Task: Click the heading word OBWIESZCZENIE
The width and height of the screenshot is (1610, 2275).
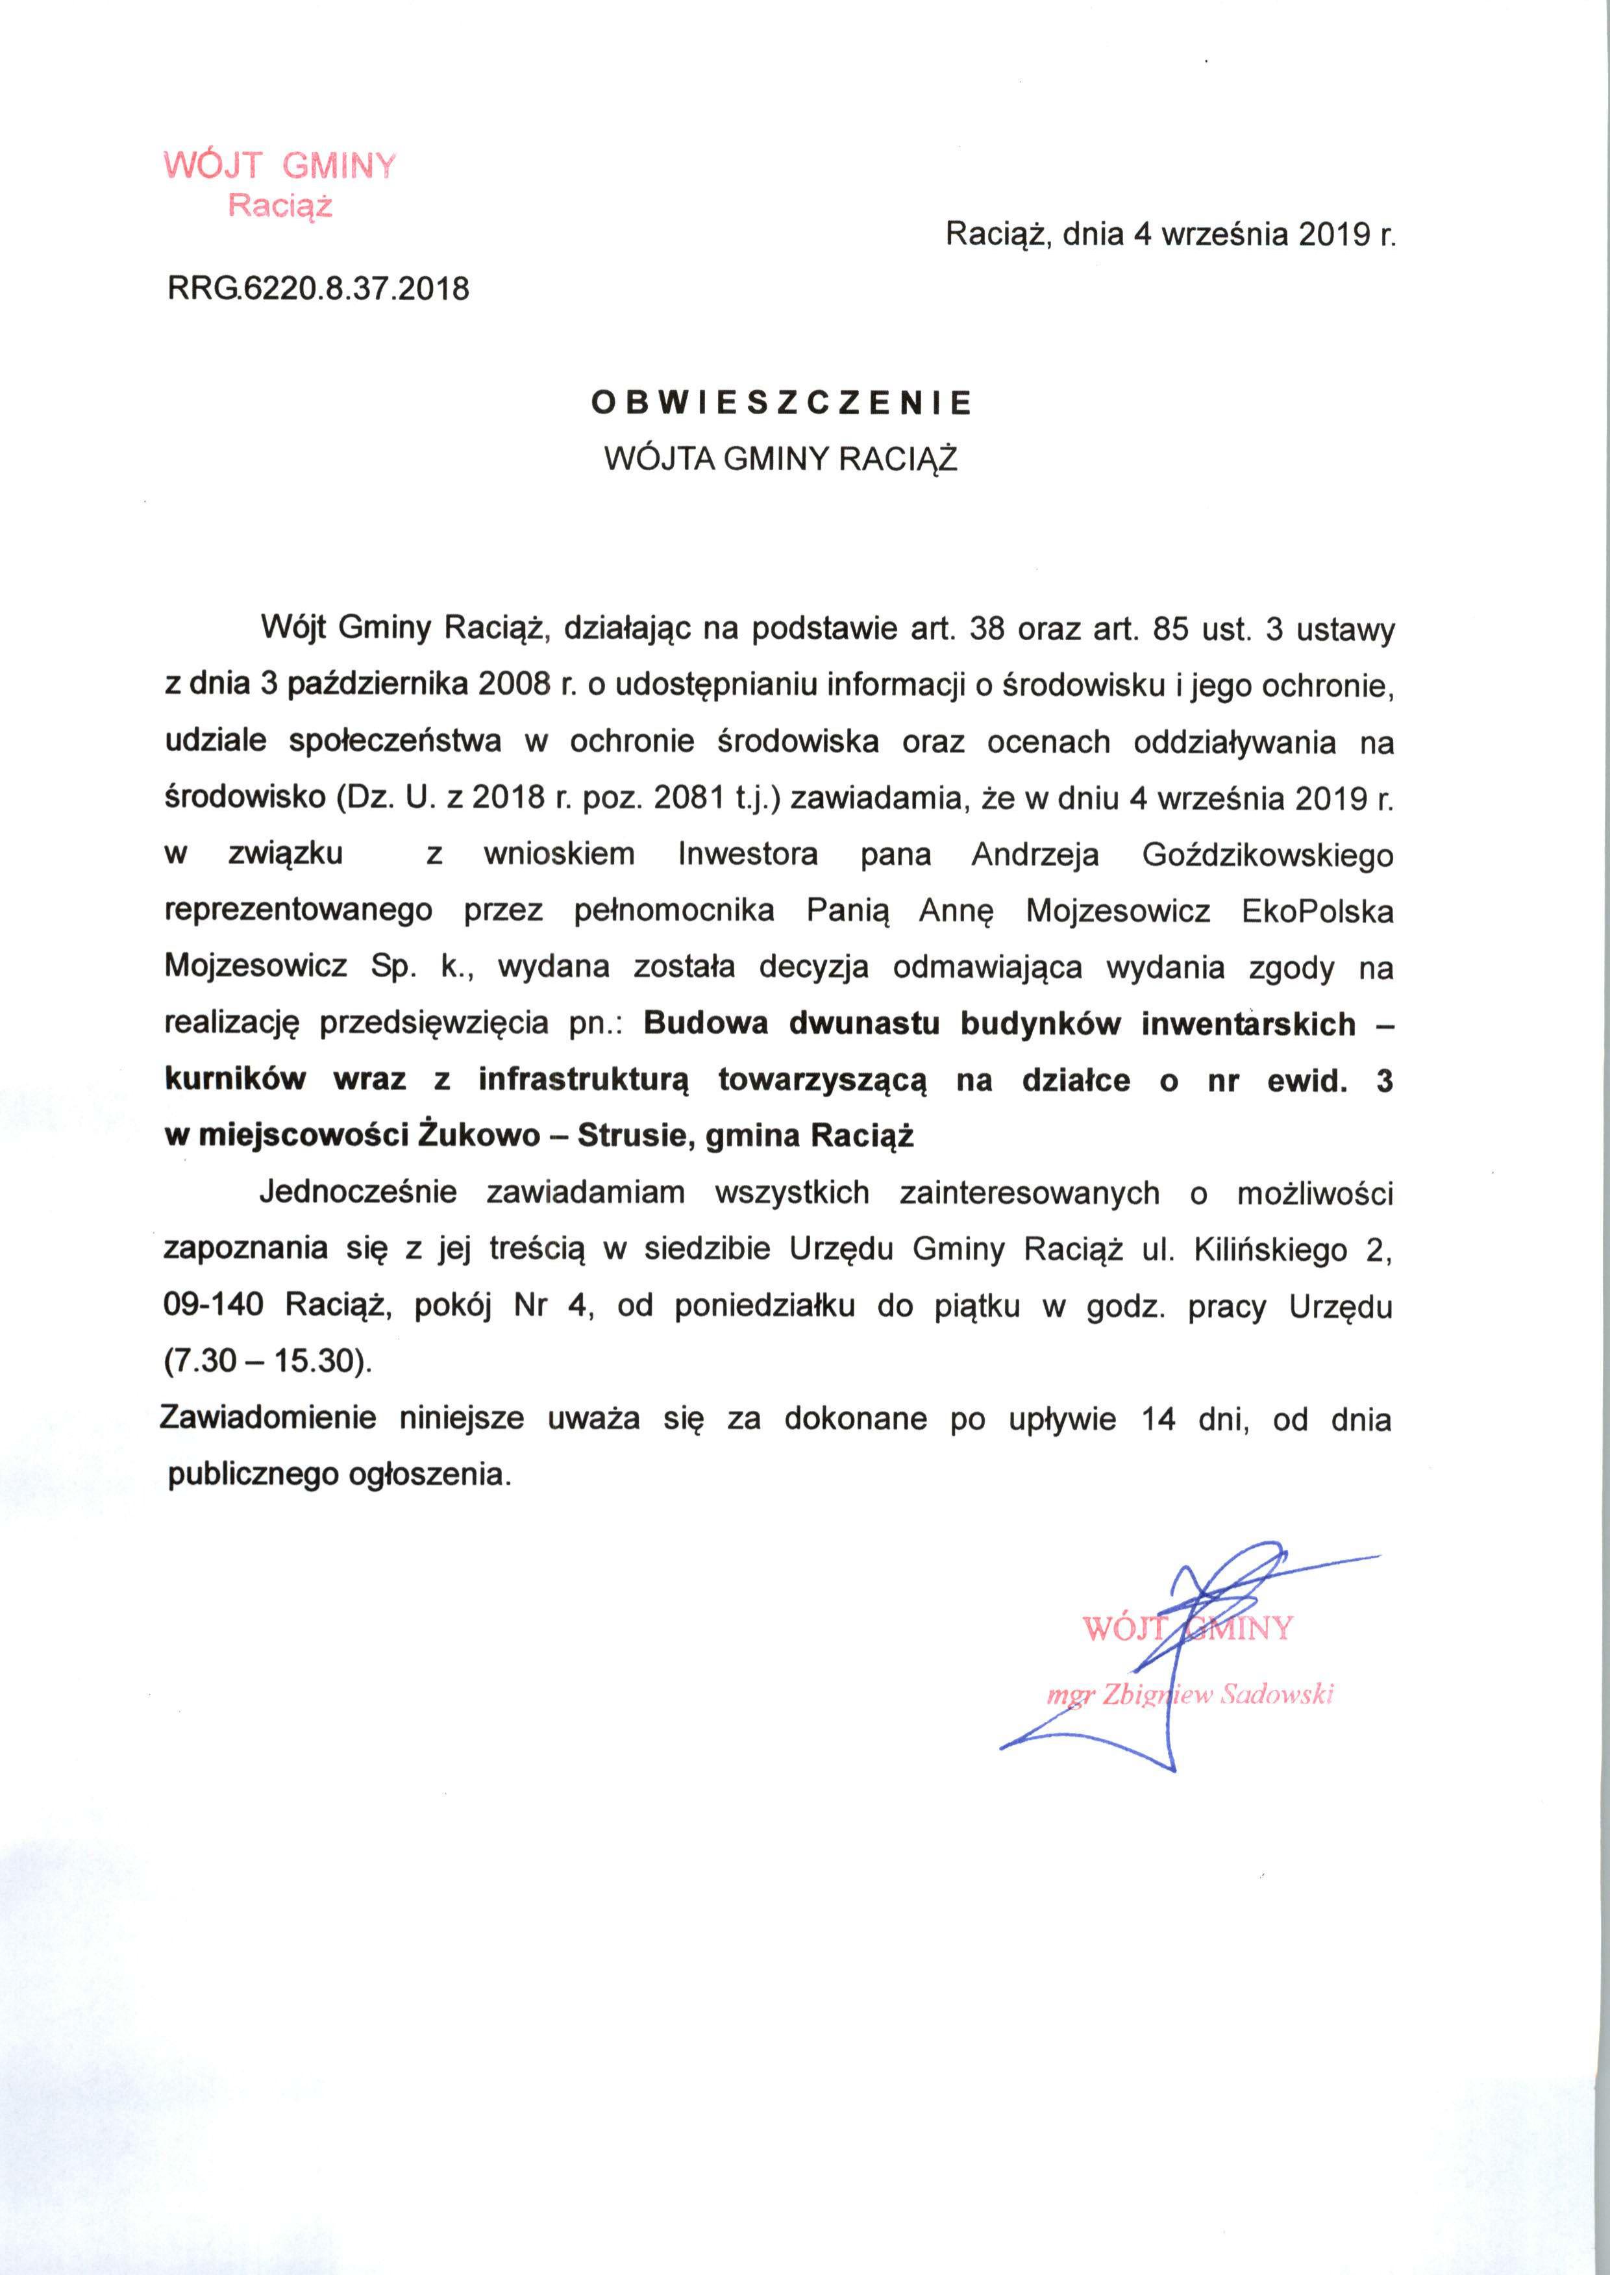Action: pyautogui.click(x=781, y=403)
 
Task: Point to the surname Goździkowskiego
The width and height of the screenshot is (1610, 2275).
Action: pyautogui.click(x=1268, y=854)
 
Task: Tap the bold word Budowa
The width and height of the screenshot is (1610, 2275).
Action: pyautogui.click(x=706, y=1023)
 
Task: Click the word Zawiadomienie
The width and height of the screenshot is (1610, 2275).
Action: pyautogui.click(x=269, y=1419)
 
